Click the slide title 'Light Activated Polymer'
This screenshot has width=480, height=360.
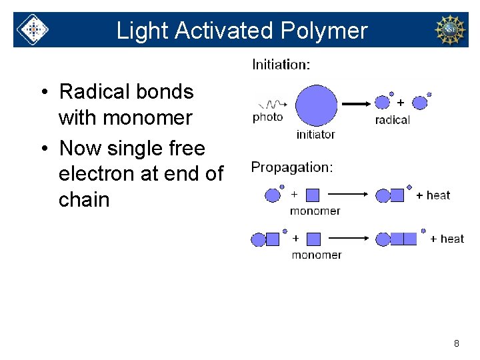pyautogui.click(x=241, y=31)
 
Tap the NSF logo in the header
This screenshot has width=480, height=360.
pyautogui.click(x=450, y=30)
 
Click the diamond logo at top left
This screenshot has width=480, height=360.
pyautogui.click(x=32, y=30)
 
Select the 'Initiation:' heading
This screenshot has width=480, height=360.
pyautogui.click(x=281, y=65)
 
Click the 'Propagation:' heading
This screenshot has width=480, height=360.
pyautogui.click(x=292, y=167)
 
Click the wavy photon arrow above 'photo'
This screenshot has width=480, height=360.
pyautogui.click(x=273, y=104)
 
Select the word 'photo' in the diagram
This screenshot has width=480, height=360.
pyautogui.click(x=267, y=117)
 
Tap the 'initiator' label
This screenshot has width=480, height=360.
pyautogui.click(x=315, y=135)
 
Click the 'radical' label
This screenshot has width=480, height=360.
pyautogui.click(x=393, y=120)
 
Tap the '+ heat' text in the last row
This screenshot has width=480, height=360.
pyautogui.click(x=447, y=239)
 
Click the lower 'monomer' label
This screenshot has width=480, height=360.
pyautogui.click(x=317, y=255)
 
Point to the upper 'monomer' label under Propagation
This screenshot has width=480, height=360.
pyautogui.click(x=315, y=211)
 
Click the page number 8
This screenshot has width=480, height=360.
pyautogui.click(x=456, y=343)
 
